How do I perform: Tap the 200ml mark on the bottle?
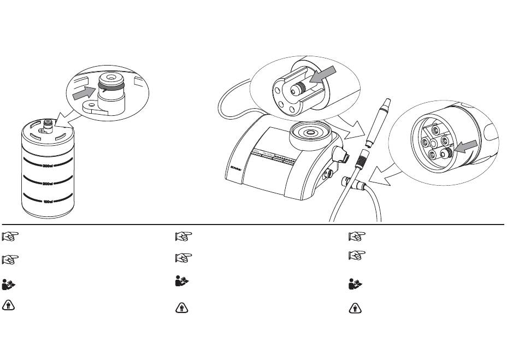48,184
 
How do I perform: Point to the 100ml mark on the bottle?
48,202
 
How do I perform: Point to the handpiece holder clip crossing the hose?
348,183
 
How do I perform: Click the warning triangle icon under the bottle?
9,306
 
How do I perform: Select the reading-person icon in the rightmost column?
355,285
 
